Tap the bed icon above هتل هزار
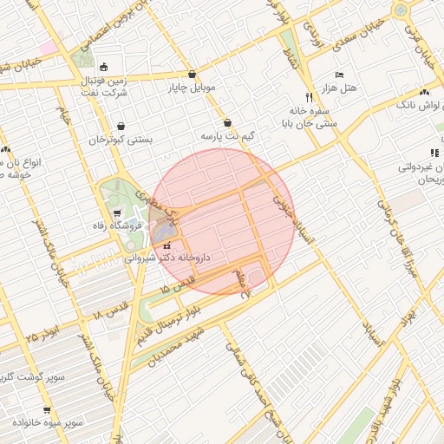pyautogui.click(x=338, y=75)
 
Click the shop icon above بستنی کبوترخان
pyautogui.click(x=121, y=126)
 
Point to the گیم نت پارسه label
pyautogui.click(x=227, y=137)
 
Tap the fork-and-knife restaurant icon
pyautogui.click(x=309, y=97)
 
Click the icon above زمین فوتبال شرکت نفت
pyautogui.click(x=103, y=67)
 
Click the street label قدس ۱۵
pyautogui.click(x=175, y=288)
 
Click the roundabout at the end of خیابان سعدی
pyautogui.click(x=402, y=10)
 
